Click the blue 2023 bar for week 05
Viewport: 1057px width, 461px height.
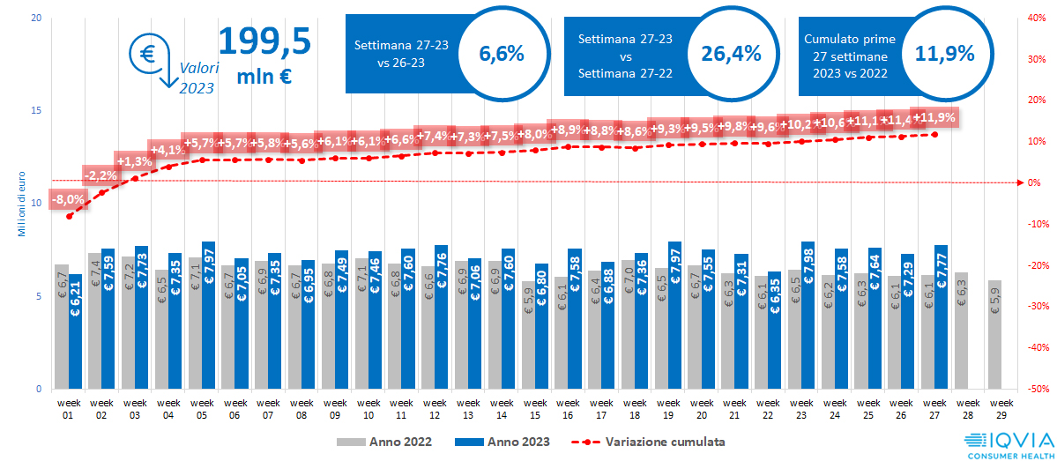(x=209, y=315)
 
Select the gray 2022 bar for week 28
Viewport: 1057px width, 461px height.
(x=961, y=331)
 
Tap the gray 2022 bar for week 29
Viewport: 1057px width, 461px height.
(x=994, y=335)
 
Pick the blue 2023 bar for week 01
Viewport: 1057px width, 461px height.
(x=76, y=331)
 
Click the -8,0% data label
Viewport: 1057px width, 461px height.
(x=68, y=199)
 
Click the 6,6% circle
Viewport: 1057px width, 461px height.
(x=501, y=54)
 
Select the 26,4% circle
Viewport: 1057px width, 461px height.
(x=731, y=54)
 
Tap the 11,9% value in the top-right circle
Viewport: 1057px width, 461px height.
(x=944, y=54)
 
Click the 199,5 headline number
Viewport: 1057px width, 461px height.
(x=264, y=41)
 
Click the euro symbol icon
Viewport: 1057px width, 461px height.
(x=146, y=53)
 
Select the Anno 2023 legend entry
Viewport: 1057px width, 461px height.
(x=502, y=441)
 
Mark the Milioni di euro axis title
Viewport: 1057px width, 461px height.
(x=20, y=204)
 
